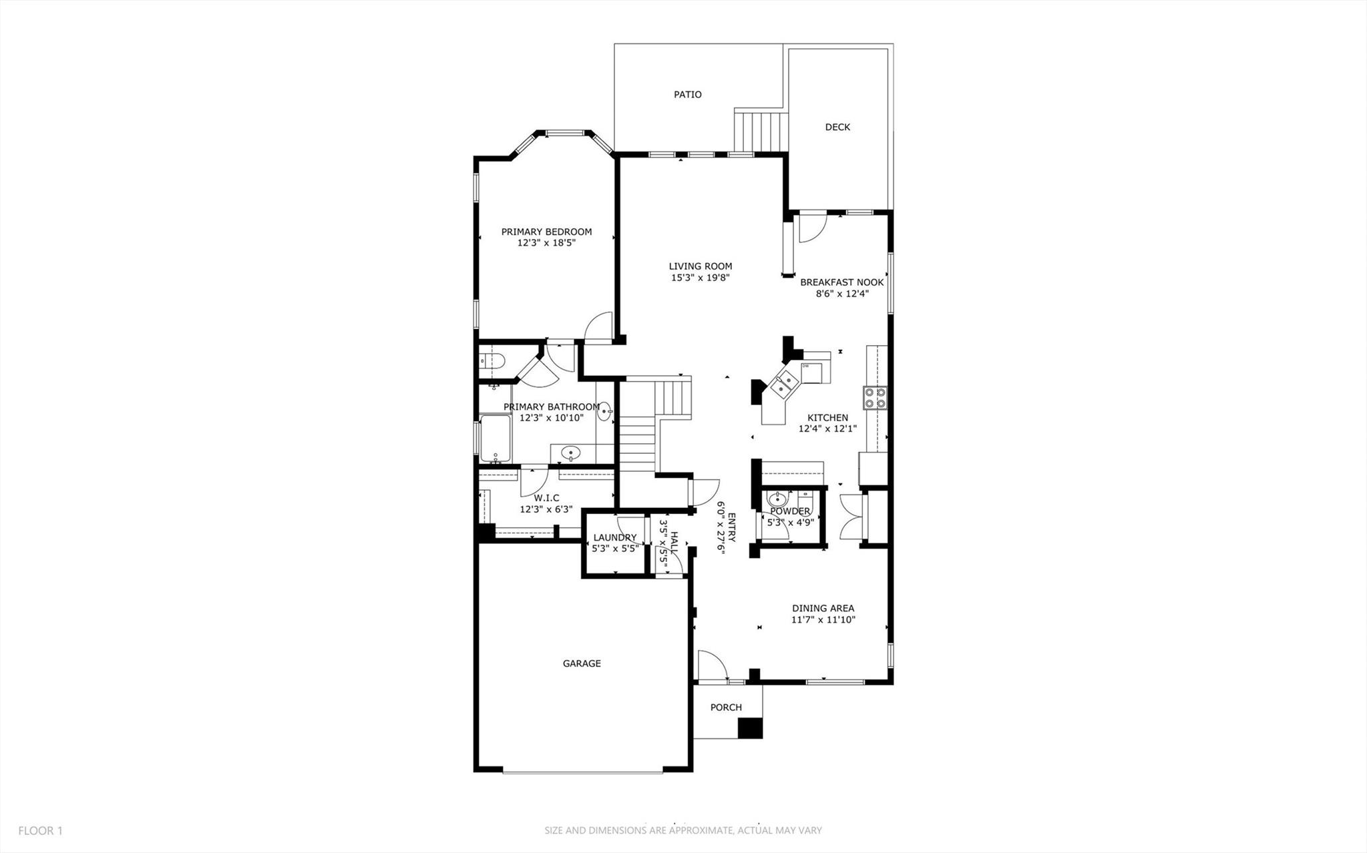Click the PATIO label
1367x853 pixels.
point(687,95)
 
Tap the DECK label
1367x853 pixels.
point(837,127)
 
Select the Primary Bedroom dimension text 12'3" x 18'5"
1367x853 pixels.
point(546,244)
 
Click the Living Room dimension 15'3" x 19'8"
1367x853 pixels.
point(700,278)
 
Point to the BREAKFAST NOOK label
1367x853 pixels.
point(841,282)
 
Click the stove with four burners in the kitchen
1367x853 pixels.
point(875,398)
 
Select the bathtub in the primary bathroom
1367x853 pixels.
point(495,439)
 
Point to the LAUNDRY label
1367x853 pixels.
point(614,537)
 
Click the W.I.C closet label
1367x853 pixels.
point(546,498)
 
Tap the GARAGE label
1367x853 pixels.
point(582,663)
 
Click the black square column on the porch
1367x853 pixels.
point(749,728)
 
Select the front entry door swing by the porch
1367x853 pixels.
point(711,665)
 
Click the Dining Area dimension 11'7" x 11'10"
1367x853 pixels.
point(823,620)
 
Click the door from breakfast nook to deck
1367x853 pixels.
point(812,228)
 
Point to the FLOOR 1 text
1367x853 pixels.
point(40,831)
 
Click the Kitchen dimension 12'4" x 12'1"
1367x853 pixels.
point(827,429)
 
